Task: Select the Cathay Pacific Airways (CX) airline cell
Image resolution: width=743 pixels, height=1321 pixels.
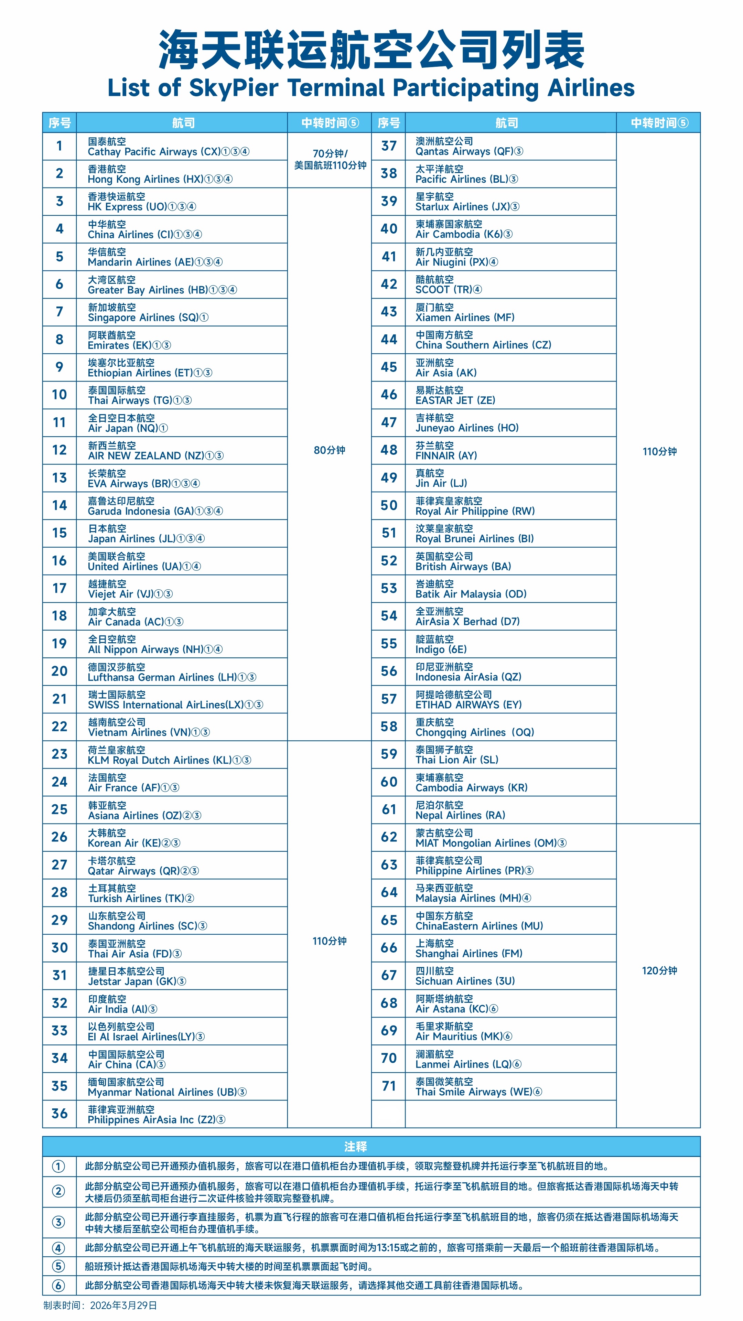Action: coord(168,147)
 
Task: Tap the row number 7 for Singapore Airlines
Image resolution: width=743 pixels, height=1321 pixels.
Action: coord(60,312)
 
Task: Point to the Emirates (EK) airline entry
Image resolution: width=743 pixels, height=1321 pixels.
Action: coord(129,340)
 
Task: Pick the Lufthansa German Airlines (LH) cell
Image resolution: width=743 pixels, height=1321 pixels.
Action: coord(172,672)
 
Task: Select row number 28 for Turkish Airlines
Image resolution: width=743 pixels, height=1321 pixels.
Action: coord(60,892)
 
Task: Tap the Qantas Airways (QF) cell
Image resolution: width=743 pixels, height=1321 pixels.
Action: coord(469,146)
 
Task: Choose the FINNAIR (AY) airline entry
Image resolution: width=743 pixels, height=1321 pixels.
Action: coord(446,450)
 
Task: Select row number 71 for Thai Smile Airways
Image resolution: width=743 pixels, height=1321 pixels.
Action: coord(389,1086)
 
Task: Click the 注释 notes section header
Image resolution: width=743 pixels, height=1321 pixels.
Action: coord(355,1147)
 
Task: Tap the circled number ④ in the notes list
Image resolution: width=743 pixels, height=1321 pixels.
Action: coord(58,1248)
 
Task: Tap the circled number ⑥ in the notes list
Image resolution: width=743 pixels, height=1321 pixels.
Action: coord(58,1286)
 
